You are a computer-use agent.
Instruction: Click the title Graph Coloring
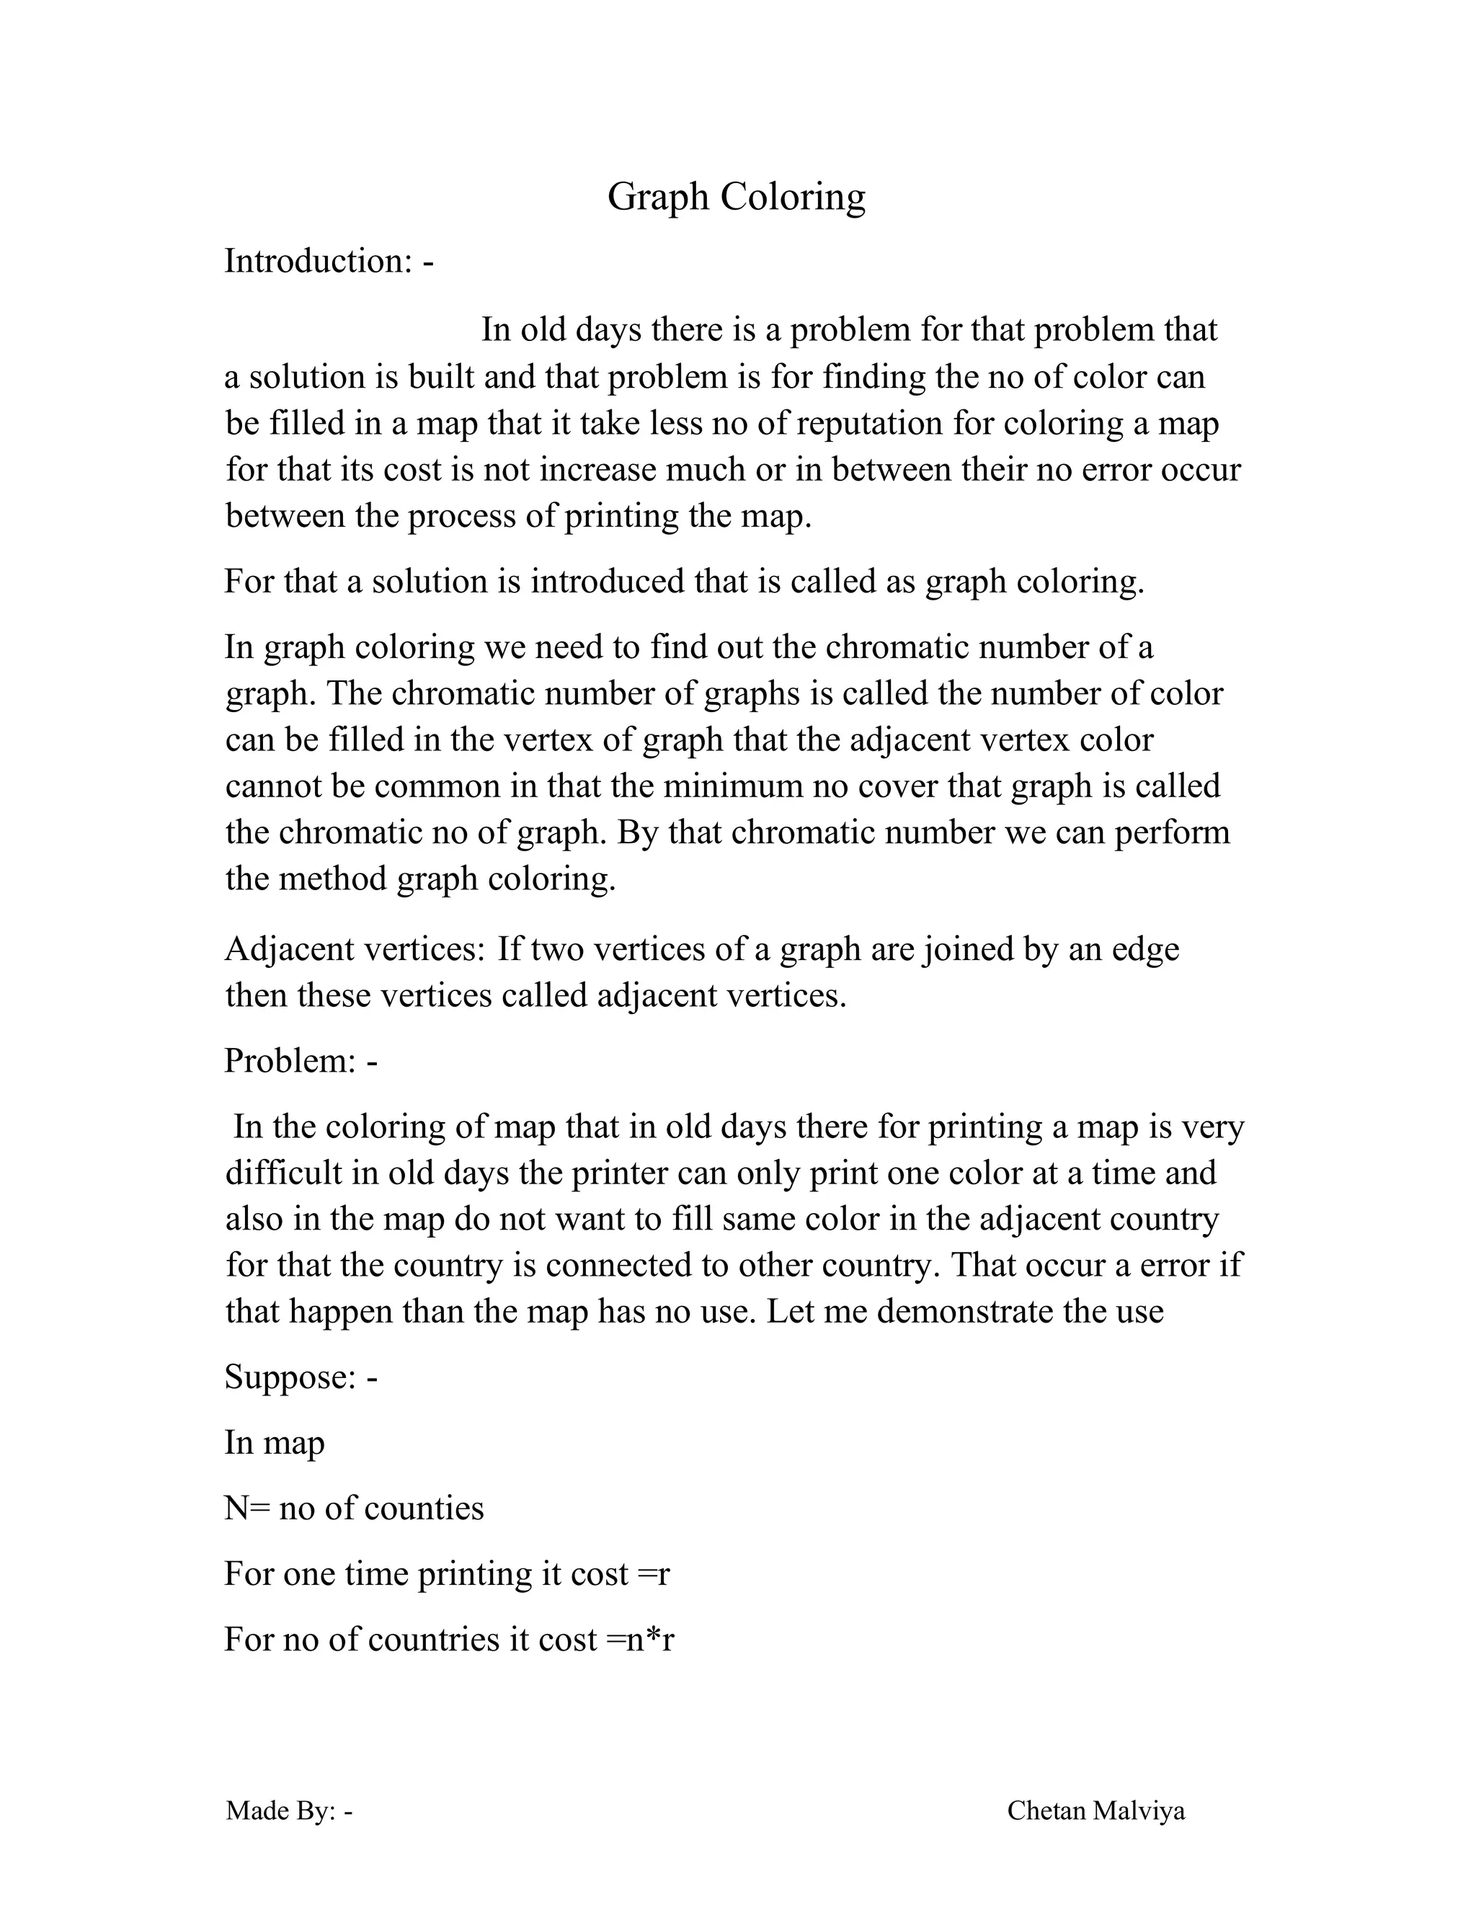click(737, 197)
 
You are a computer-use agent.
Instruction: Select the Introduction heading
click(328, 262)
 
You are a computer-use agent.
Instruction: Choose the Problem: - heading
click(301, 1061)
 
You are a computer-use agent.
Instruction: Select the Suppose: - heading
click(301, 1377)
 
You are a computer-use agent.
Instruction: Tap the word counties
click(423, 1509)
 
